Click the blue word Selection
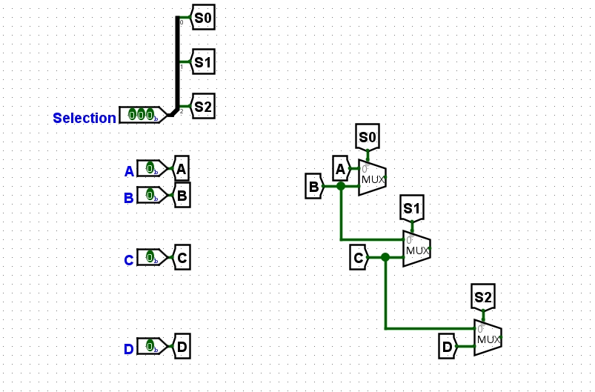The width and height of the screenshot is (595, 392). click(x=84, y=118)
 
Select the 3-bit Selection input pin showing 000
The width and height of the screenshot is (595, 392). click(x=141, y=114)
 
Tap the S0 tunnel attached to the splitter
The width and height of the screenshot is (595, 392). click(x=203, y=18)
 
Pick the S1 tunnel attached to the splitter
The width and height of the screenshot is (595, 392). click(x=203, y=63)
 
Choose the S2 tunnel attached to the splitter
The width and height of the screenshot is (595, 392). click(x=203, y=107)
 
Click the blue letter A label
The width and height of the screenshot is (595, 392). click(x=129, y=172)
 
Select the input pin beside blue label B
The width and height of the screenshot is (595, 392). click(x=151, y=196)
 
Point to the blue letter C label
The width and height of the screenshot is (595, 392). click(x=129, y=260)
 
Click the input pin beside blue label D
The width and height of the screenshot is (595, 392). click(x=151, y=346)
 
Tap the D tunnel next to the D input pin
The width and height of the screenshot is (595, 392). click(x=182, y=346)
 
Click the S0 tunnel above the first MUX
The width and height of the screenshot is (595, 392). click(x=368, y=137)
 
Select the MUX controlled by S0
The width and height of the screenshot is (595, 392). click(x=372, y=178)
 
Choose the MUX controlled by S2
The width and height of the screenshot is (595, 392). click(x=488, y=337)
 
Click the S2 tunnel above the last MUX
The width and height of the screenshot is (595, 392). click(x=483, y=299)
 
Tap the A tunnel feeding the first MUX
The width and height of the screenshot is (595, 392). click(x=340, y=168)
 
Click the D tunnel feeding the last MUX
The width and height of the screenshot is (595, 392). click(x=448, y=346)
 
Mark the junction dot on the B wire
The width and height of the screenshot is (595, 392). click(x=341, y=186)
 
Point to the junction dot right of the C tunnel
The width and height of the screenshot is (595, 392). click(x=385, y=257)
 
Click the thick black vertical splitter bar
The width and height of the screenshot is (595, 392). click(x=178, y=63)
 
